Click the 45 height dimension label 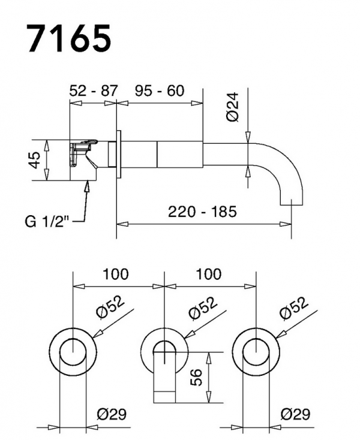coord(36,160)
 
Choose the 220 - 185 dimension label coord(202,212)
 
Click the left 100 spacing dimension coord(116,275)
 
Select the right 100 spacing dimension coord(208,275)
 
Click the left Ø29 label coord(111,414)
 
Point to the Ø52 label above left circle coord(110,309)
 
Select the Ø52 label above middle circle coord(202,309)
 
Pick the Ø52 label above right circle coord(295,309)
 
